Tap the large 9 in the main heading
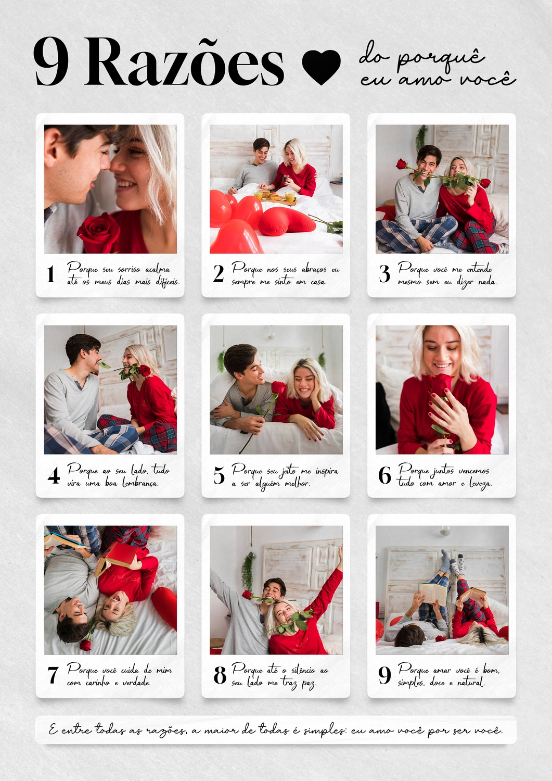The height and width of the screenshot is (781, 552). (x=51, y=62)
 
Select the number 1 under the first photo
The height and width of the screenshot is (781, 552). (x=51, y=274)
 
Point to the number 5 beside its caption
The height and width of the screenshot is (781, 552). (x=219, y=475)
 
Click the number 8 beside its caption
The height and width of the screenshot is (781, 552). (x=220, y=675)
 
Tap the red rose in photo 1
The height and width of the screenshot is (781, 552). (x=99, y=233)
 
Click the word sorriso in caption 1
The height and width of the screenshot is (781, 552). (x=129, y=270)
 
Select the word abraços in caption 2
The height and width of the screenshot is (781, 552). (x=314, y=270)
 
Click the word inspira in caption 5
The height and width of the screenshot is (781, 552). (x=327, y=471)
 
